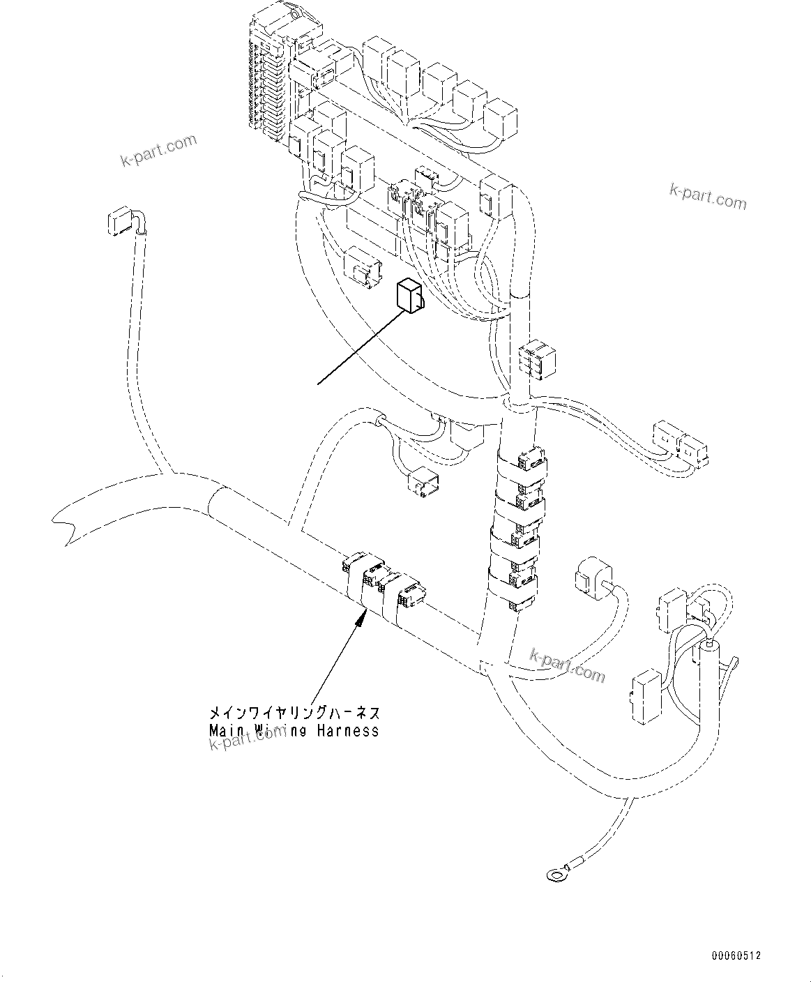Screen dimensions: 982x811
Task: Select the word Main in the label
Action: point(224,731)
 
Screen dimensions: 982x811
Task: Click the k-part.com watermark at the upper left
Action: point(159,151)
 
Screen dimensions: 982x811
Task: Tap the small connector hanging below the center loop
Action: point(423,483)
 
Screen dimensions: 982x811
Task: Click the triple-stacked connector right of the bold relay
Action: point(535,360)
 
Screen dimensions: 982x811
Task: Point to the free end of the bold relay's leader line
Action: point(319,383)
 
